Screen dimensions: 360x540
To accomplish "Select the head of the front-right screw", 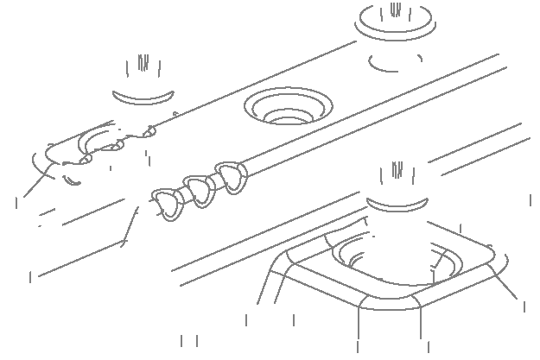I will [x=397, y=180].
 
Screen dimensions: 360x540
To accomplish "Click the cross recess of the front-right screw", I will [x=397, y=175].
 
